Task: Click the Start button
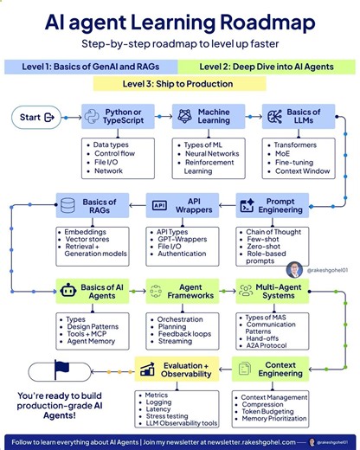37,118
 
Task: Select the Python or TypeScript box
118,118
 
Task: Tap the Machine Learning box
208,118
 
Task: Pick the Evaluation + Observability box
174,370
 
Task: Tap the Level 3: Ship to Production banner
179,84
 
